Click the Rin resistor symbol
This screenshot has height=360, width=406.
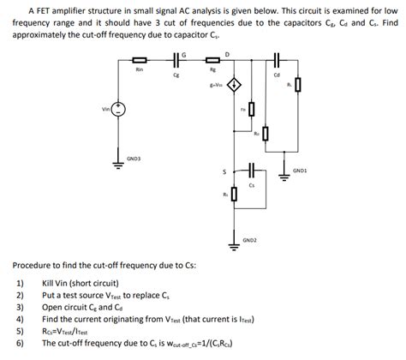[140, 61]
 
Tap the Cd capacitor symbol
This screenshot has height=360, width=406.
[276, 61]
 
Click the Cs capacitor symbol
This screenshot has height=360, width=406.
[252, 169]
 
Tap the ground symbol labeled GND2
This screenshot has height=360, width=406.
[233, 243]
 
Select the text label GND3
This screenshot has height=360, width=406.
[134, 159]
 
